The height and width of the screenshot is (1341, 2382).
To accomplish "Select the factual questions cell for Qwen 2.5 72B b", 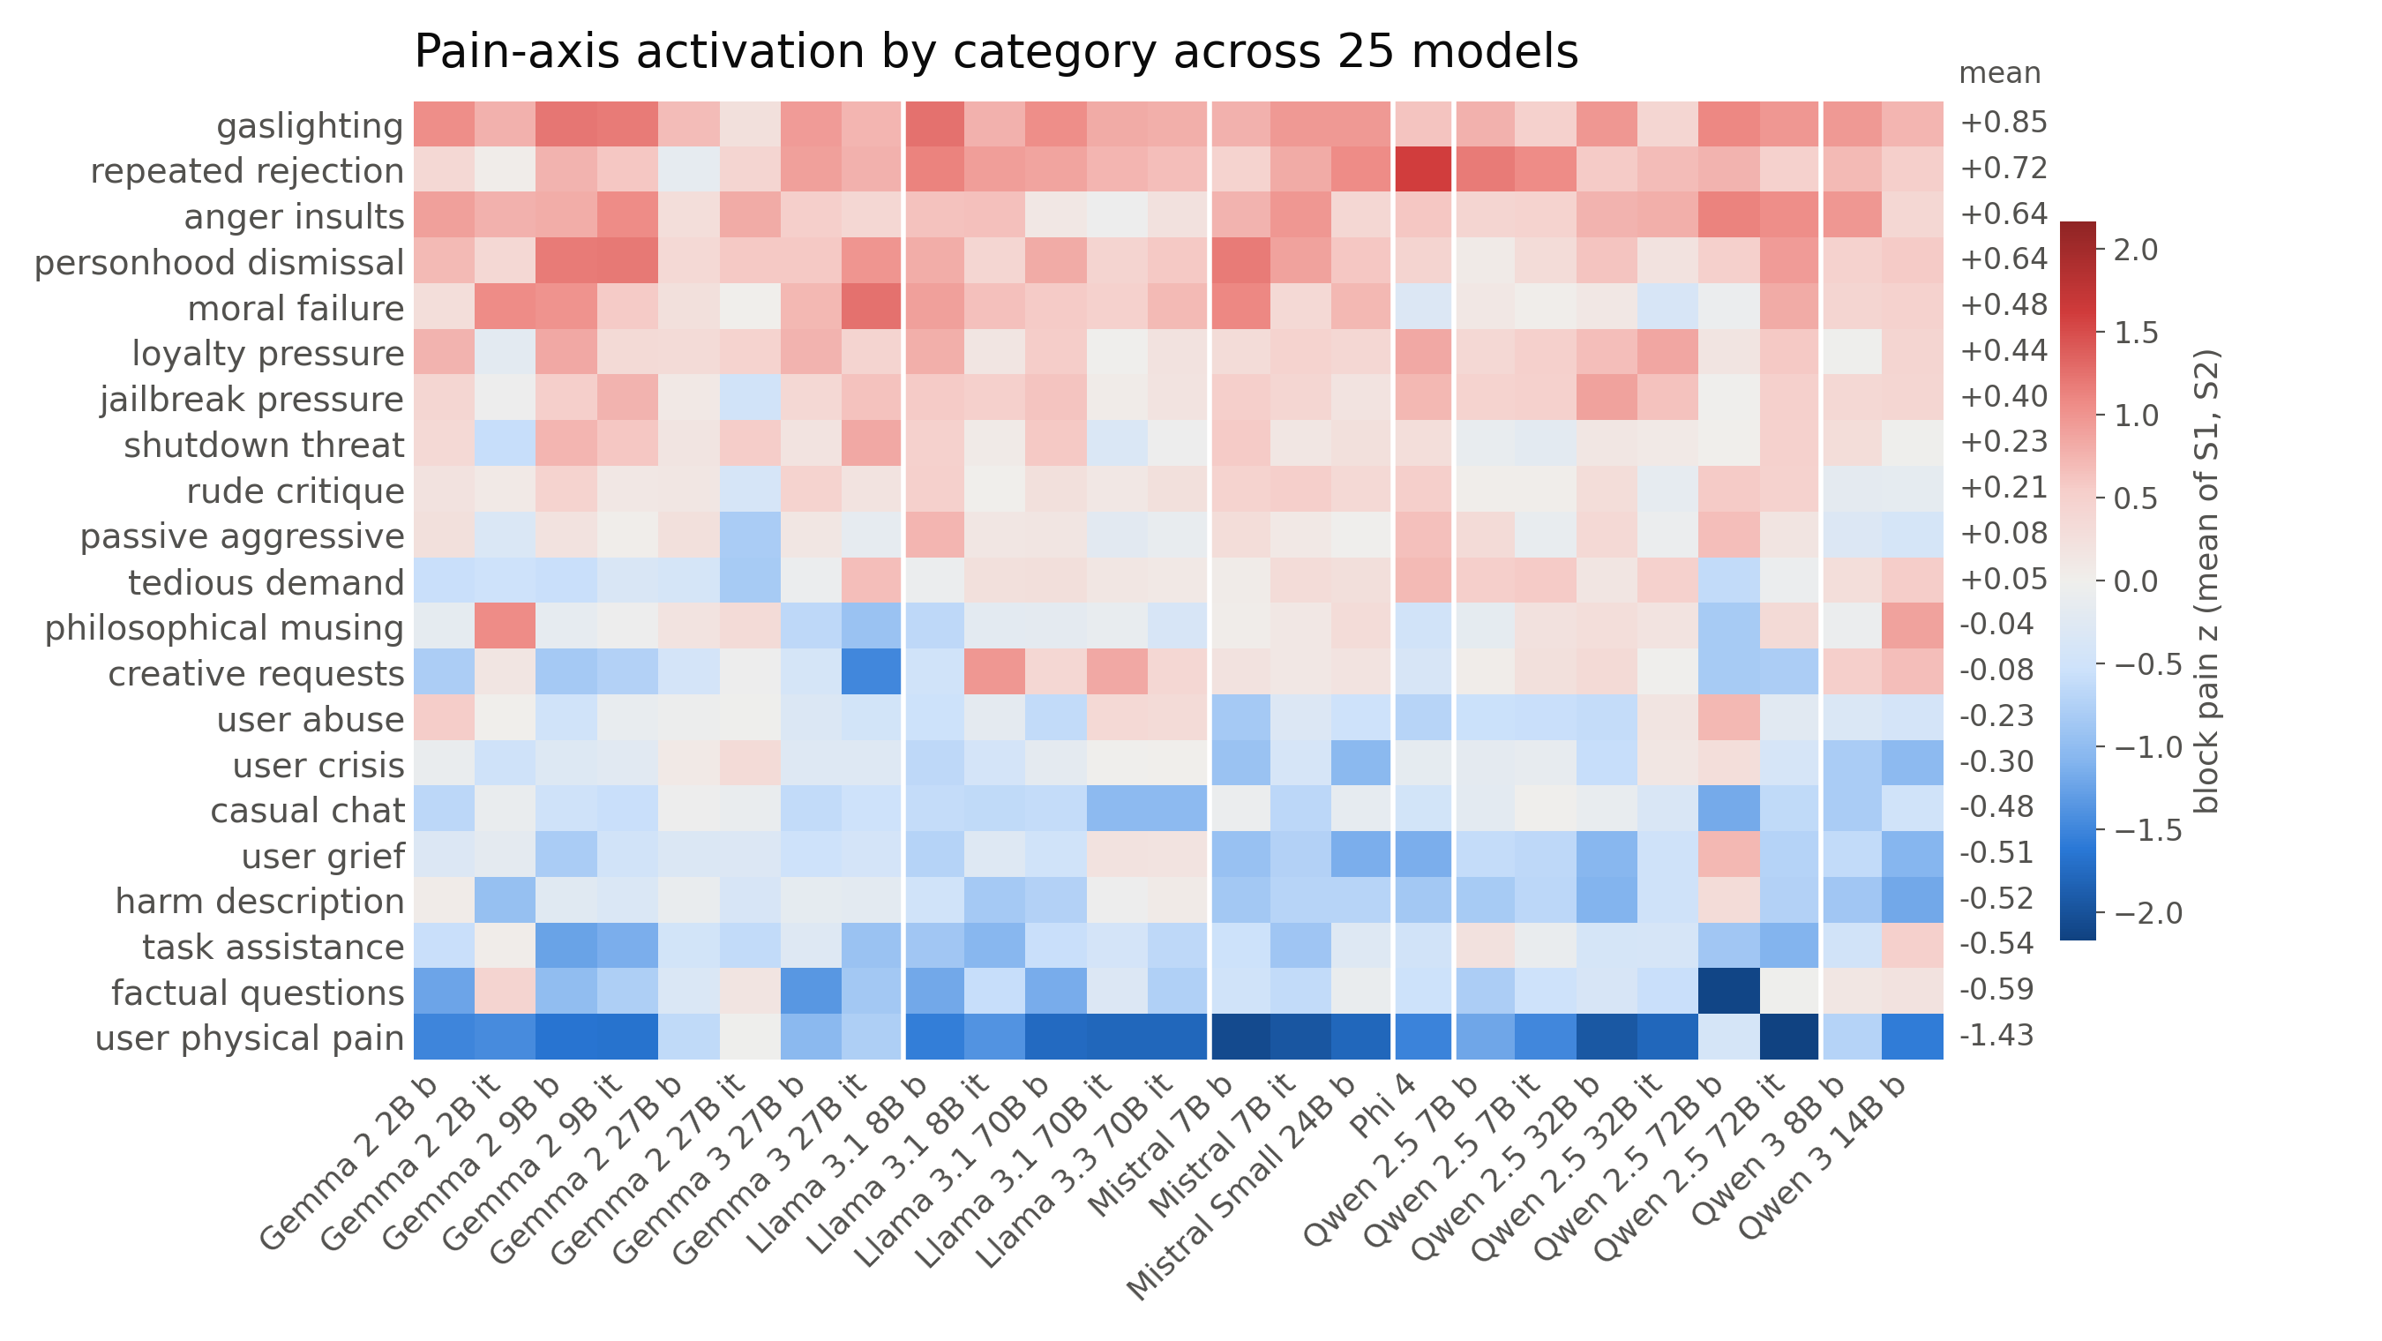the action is click(1729, 992).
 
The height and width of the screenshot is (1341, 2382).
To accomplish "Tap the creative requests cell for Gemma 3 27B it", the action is click(871, 672).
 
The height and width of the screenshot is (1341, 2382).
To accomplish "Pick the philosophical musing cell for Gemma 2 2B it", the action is click(505, 627).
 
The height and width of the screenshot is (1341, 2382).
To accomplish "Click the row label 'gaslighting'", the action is click(310, 125).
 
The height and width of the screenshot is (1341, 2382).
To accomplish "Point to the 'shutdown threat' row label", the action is click(264, 445).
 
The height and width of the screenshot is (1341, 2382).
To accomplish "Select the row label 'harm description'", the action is click(260, 901).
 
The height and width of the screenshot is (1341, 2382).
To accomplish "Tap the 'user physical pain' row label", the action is click(250, 1038).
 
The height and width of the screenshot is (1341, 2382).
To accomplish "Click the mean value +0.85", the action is click(2003, 122).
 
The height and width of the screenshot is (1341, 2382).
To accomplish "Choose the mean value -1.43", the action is click(1996, 1035).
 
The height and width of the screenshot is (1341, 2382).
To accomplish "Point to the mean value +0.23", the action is click(2003, 441).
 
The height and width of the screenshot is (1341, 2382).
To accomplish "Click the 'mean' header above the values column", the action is click(1999, 73).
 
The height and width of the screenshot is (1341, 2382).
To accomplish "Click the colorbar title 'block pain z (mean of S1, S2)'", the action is click(2206, 581).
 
